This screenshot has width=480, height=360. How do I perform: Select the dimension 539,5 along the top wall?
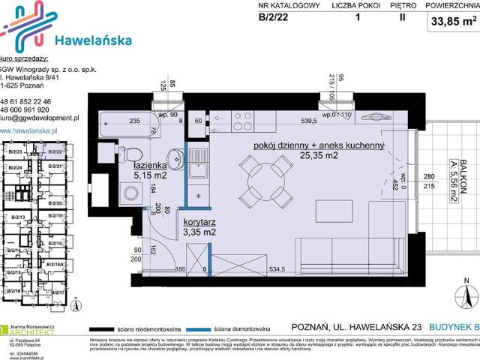(310, 120)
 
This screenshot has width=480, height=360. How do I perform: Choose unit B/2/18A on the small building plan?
(55, 265)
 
